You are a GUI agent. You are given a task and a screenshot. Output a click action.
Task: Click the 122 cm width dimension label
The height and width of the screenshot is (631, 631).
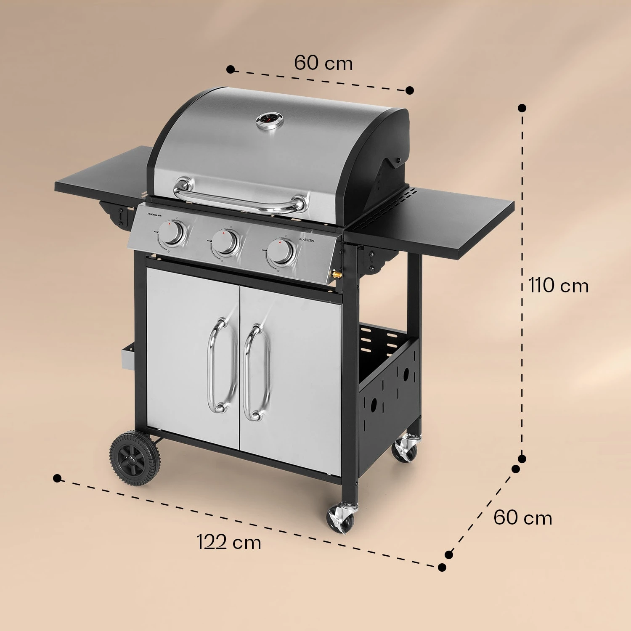coord(229,542)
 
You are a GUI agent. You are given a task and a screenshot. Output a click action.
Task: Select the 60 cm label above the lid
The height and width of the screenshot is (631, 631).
coord(323,63)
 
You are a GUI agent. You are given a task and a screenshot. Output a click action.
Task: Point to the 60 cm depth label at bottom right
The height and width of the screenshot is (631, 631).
coord(522,517)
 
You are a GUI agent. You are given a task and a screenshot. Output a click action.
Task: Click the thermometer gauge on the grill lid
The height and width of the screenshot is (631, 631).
coord(270,120)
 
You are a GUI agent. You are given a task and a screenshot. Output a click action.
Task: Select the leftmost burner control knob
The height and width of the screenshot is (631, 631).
coord(172,234)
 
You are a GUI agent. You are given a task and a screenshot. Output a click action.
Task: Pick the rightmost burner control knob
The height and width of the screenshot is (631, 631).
coord(281,252)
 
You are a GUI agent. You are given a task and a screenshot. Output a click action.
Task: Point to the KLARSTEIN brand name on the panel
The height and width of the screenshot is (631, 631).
coord(306,239)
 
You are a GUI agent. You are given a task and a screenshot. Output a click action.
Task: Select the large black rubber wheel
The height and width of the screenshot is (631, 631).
coord(135,459)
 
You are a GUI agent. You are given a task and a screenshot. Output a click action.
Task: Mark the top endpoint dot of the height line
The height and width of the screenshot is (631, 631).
coord(522,108)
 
